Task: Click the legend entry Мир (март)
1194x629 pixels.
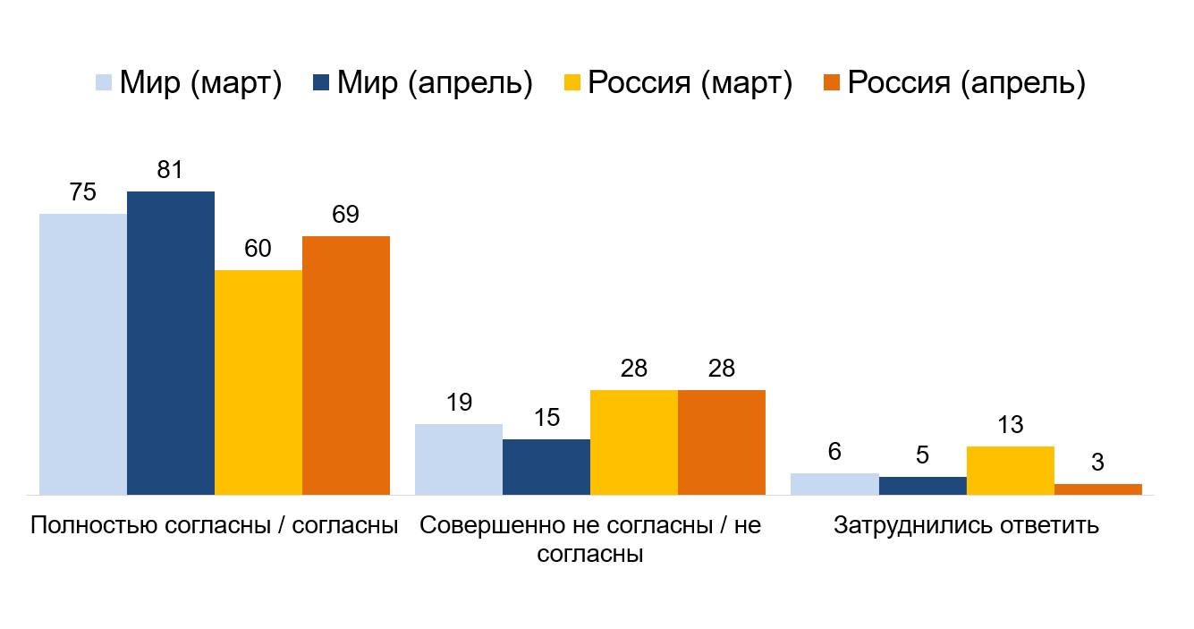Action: pos(189,83)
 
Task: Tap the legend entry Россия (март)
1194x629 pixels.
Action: pos(677,83)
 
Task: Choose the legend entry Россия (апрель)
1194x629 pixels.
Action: pos(953,83)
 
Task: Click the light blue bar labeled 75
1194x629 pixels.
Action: pos(83,353)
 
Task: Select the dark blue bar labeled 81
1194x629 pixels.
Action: pos(171,343)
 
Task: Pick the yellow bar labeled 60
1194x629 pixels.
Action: pos(258,382)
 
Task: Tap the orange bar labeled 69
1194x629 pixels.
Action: pos(346,365)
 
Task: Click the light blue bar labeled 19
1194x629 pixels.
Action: pos(459,459)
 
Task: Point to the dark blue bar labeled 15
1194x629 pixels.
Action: pos(546,466)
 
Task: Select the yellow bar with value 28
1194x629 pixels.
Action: pos(634,442)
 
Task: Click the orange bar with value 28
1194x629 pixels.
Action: pos(722,442)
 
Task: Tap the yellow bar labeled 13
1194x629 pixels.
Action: pos(1010,470)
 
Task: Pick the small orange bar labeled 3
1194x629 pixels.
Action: pos(1097,489)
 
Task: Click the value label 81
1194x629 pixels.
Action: pos(170,170)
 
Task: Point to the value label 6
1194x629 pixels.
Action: pos(834,452)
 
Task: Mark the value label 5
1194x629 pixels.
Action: pos(922,455)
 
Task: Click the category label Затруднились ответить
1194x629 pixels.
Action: pos(966,525)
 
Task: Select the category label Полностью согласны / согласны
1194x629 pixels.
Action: pos(214,525)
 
